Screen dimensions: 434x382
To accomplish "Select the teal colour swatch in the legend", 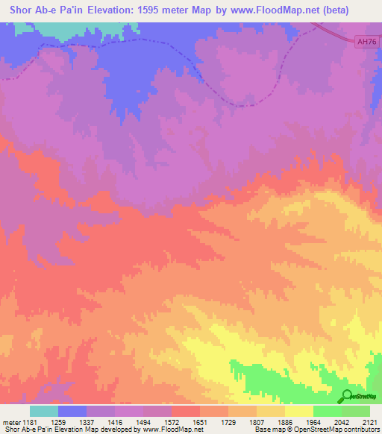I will tap(44, 411).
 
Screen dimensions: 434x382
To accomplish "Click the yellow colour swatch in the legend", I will tap(299, 411).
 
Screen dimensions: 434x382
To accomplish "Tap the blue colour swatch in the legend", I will tap(72, 411).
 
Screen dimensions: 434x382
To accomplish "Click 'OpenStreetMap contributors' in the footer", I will tap(336, 430).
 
